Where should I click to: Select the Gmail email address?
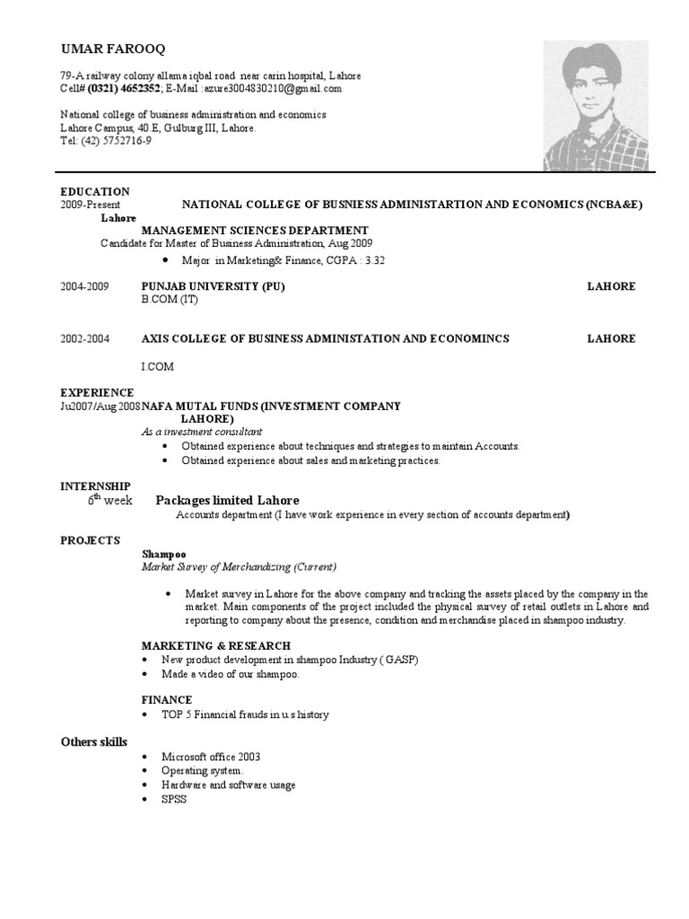tap(273, 89)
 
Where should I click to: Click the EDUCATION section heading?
tap(95, 191)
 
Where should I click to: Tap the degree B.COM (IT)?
tap(170, 299)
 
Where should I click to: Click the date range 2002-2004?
tap(85, 338)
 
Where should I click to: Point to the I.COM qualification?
tap(157, 367)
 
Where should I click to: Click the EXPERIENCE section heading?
tap(97, 392)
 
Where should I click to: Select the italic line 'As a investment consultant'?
tap(202, 432)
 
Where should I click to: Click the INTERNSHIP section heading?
tap(95, 486)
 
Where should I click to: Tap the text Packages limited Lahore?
tap(228, 500)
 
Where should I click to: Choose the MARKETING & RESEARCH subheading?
tap(216, 645)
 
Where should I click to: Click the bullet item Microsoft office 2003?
tap(211, 757)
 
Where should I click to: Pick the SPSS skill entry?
tap(174, 799)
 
